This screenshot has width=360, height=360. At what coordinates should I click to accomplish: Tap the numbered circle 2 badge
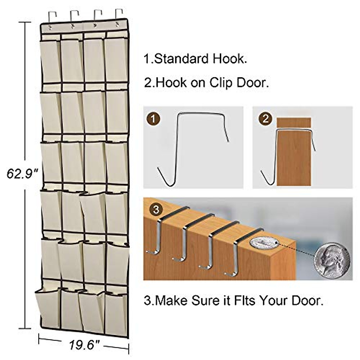click(265, 119)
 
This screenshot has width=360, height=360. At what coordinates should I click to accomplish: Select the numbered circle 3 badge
click(156, 209)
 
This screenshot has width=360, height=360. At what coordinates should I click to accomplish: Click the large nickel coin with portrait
click(332, 260)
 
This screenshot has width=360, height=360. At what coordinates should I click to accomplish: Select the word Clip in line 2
click(221, 83)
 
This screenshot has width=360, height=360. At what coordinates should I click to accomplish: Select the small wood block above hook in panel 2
click(294, 122)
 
